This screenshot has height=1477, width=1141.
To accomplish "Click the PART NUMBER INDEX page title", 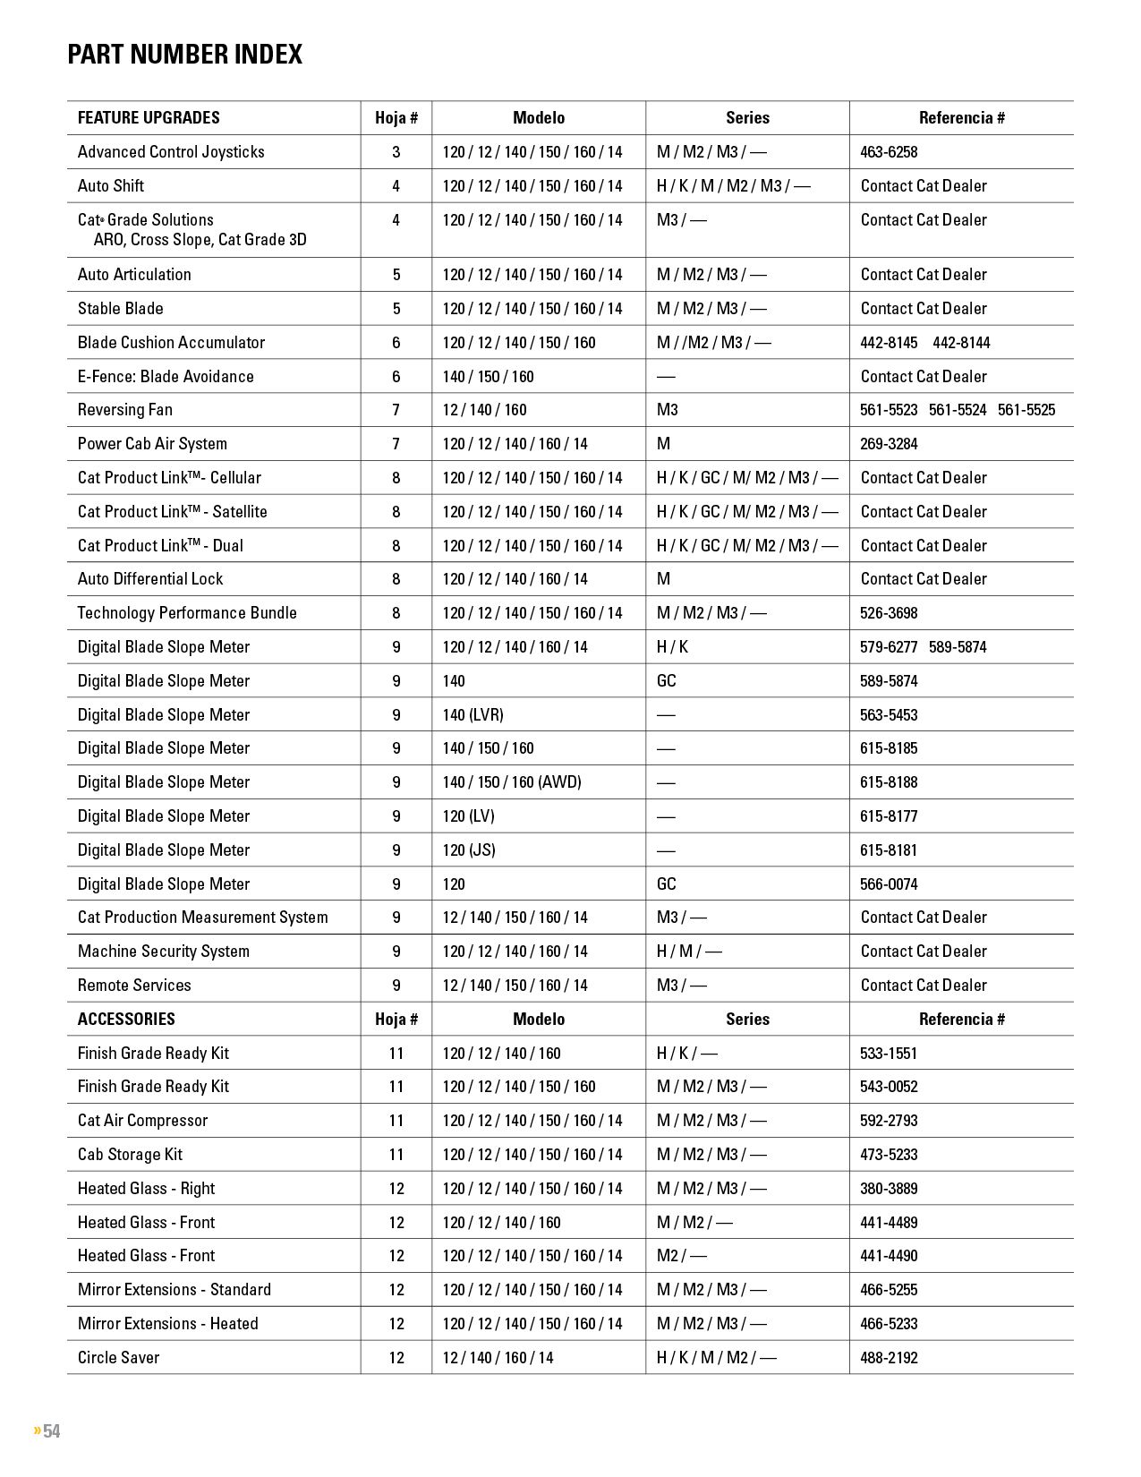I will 185,55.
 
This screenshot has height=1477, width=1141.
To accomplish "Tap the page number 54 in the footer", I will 51,1430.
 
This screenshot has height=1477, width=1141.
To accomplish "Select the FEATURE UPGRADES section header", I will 149,118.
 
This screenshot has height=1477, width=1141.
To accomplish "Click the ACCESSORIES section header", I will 126,1019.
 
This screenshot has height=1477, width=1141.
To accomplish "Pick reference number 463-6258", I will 889,152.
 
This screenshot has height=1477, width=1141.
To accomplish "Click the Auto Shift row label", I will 111,186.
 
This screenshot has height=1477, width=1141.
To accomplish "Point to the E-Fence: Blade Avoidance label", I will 166,377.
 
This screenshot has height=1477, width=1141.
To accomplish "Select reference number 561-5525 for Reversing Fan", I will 1026,410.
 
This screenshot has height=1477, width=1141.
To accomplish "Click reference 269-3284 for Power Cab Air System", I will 889,444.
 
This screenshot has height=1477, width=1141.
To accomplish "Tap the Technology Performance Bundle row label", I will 187,613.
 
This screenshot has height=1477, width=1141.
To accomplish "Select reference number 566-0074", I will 889,884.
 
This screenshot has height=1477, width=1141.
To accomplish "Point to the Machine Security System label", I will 164,952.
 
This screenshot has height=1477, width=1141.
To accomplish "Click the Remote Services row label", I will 134,986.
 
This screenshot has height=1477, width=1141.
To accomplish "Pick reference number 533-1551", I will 889,1054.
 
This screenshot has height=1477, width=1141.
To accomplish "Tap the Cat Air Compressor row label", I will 142,1121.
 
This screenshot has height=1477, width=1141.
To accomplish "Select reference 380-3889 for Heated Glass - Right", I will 889,1189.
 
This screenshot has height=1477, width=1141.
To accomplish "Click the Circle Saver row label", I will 118,1358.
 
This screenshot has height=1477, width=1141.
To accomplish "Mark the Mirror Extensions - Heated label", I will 168,1324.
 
